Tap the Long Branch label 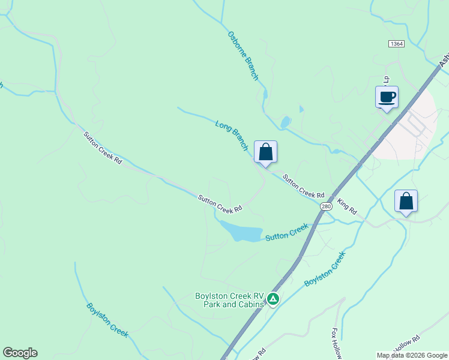pyautogui.click(x=232, y=134)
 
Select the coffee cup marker pyautogui.click(x=387, y=97)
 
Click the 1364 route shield pyautogui.click(x=396, y=44)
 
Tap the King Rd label pyautogui.click(x=347, y=207)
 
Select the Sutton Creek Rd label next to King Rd pyautogui.click(x=303, y=187)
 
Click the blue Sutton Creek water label pyautogui.click(x=287, y=232)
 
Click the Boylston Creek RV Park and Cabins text pyautogui.click(x=230, y=300)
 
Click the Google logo pyautogui.click(x=20, y=353)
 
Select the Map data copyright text pyautogui.click(x=411, y=355)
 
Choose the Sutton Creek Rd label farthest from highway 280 pyautogui.click(x=103, y=149)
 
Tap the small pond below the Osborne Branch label pyautogui.click(x=285, y=122)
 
